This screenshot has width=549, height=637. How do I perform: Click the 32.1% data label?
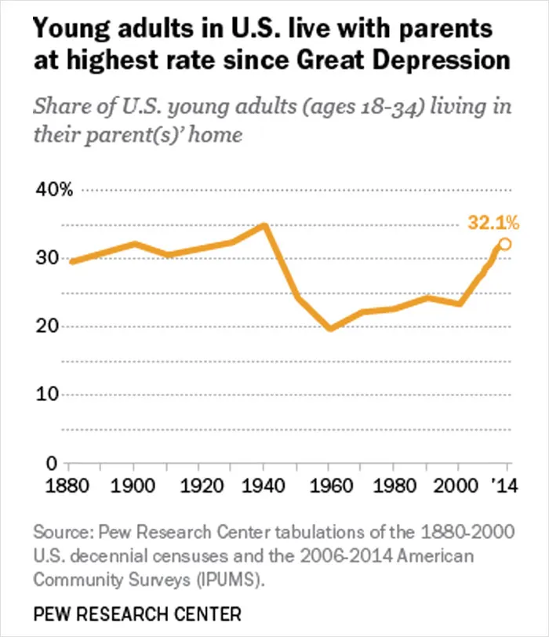click(493, 223)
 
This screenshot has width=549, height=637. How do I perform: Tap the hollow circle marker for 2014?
click(505, 244)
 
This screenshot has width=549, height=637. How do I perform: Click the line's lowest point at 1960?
click(330, 328)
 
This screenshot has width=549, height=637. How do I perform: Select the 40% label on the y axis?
click(54, 190)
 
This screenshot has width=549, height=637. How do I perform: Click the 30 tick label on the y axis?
click(47, 257)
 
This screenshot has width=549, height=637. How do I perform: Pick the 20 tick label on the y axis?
click(47, 326)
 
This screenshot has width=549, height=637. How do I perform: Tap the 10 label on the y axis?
click(47, 394)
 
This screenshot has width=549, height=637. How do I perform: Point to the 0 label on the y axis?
click(52, 463)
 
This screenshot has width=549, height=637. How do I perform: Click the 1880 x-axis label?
click(67, 486)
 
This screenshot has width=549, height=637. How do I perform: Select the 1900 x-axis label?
click(133, 486)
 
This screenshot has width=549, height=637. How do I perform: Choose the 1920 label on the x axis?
click(202, 486)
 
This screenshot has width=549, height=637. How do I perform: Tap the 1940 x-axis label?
click(264, 486)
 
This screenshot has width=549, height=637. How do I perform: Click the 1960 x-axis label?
click(331, 486)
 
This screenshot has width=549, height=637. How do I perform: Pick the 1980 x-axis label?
click(394, 486)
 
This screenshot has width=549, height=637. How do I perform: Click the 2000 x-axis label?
click(456, 486)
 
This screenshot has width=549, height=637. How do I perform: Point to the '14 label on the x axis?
click(505, 486)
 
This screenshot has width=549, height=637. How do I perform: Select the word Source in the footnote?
click(63, 532)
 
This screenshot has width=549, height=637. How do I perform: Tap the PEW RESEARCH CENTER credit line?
click(137, 613)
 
